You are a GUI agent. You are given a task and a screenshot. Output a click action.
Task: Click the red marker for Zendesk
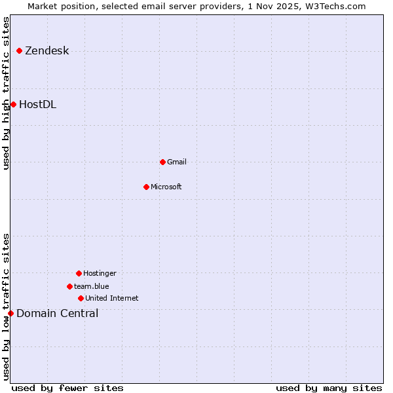coord(20,50)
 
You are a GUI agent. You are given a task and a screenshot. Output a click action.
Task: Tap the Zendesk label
coord(47,51)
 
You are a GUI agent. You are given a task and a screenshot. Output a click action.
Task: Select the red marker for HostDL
coord(13,104)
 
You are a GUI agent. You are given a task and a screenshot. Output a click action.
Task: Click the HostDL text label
coord(37,104)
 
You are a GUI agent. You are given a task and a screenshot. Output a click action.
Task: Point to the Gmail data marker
coord(162,162)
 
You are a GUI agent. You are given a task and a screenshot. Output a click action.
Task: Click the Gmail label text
coord(177,162)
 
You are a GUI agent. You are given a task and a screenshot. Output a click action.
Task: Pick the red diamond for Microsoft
coord(146,187)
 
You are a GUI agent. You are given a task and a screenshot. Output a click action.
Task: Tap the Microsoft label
coord(166,187)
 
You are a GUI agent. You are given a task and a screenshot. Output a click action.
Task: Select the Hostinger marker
coord(79,273)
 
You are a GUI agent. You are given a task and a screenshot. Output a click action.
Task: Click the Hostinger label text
coord(100,273)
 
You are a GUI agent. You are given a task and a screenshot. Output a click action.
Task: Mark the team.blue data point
coord(69,286)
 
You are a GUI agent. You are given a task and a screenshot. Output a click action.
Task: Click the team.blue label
coord(92,286)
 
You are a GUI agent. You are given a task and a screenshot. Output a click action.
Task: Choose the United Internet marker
coord(81,298)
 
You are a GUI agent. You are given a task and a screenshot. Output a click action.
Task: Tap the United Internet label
coord(111,298)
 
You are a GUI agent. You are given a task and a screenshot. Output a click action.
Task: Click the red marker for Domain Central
coord(10,313)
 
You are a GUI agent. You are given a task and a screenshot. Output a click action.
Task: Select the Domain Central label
coord(57,313)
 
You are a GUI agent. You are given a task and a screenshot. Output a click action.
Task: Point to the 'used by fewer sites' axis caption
coord(67,388)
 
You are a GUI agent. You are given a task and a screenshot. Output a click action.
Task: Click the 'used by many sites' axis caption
coord(329,388)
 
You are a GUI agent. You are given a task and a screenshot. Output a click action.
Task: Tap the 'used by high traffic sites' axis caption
coord(6,93)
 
